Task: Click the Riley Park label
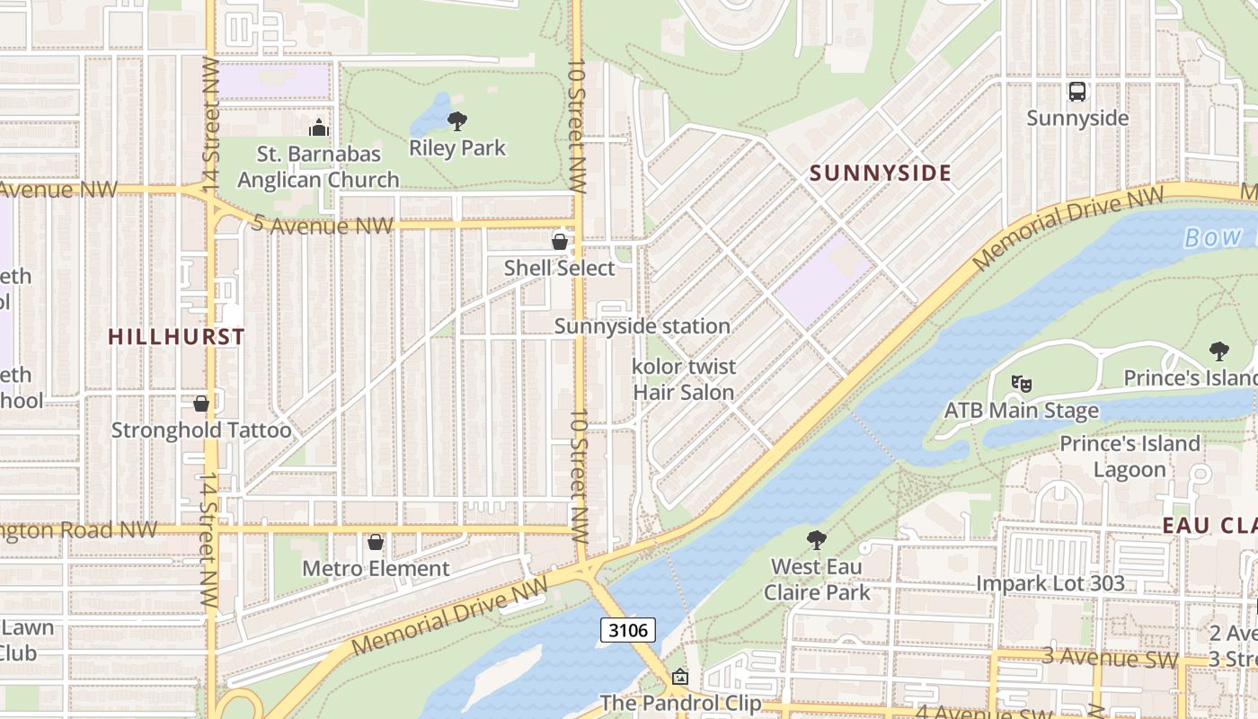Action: tap(457, 148)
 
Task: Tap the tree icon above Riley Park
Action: tap(457, 120)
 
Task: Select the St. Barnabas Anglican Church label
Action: tap(318, 166)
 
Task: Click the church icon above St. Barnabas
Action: tap(318, 129)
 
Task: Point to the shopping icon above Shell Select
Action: tap(559, 242)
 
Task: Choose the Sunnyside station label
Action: tap(642, 326)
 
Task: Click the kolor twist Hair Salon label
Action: tap(684, 379)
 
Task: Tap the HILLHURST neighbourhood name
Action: tap(176, 337)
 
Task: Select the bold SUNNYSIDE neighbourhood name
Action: tap(880, 173)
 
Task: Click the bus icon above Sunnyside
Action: tap(1076, 92)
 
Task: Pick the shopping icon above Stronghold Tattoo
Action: tap(201, 404)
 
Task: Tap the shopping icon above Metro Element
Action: tap(376, 542)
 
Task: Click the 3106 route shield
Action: tap(628, 630)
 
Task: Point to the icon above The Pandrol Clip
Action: tap(680, 677)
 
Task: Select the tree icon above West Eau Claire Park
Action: tap(816, 539)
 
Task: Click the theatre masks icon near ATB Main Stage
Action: tap(1021, 384)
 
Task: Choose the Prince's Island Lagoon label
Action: tap(1130, 457)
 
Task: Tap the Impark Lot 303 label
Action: tap(1050, 583)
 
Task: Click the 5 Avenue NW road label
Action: tap(323, 225)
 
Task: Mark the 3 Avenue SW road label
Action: tap(1110, 657)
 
